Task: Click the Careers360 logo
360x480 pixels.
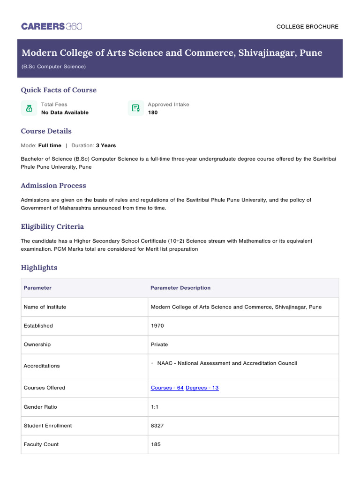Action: [x=52, y=26]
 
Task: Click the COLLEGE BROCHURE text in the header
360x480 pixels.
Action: [x=307, y=27]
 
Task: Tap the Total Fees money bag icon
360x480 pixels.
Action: [x=29, y=108]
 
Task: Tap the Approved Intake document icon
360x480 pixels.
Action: [x=136, y=108]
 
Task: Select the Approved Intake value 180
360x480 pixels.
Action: [x=153, y=112]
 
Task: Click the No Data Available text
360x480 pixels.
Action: [x=65, y=112]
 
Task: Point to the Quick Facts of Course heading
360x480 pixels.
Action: [x=59, y=90]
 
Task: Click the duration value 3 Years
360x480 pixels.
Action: [x=106, y=145]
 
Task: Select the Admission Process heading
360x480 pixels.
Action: [x=53, y=186]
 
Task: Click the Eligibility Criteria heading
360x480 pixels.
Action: [x=52, y=226]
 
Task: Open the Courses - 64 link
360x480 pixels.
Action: [x=167, y=388]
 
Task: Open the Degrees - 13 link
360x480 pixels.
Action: [x=202, y=388]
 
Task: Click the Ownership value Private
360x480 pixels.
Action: [x=159, y=345]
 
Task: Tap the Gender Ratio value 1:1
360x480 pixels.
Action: [x=155, y=407]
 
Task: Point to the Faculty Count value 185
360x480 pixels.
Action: [x=156, y=444]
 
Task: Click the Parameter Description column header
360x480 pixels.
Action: [x=180, y=288]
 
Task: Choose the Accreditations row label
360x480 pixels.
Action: [x=42, y=366]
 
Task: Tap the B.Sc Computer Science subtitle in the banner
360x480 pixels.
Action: [x=53, y=67]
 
